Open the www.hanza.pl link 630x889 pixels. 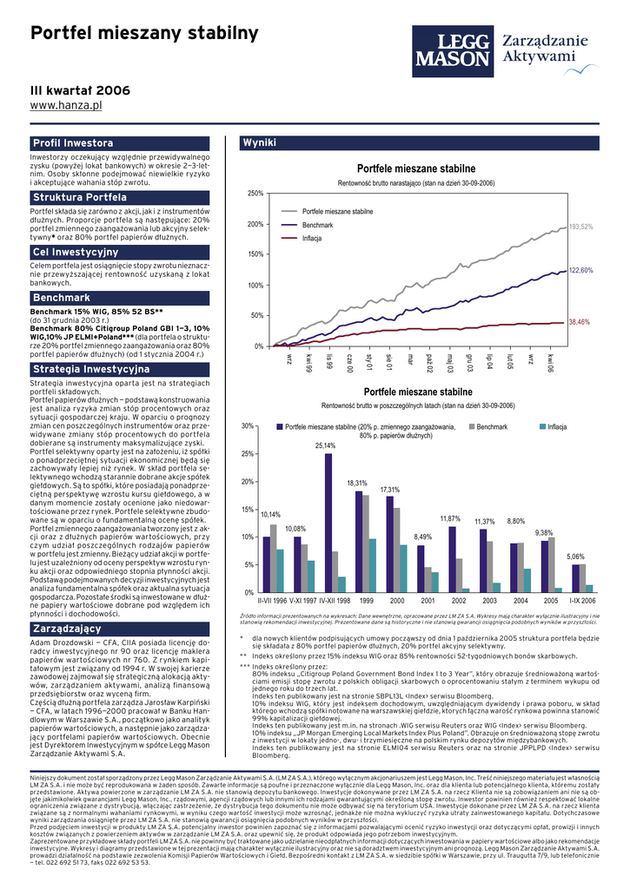click(67, 105)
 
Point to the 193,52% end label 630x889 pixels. click(580, 227)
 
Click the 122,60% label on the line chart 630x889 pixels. click(580, 271)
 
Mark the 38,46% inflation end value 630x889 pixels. click(579, 321)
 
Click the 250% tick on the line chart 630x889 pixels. click(255, 193)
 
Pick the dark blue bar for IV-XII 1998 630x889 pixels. click(328, 522)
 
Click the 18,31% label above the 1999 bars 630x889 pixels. click(357, 483)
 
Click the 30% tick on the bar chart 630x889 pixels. click(248, 426)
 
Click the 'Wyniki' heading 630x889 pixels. click(260, 142)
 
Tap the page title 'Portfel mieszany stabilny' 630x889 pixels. click(144, 34)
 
